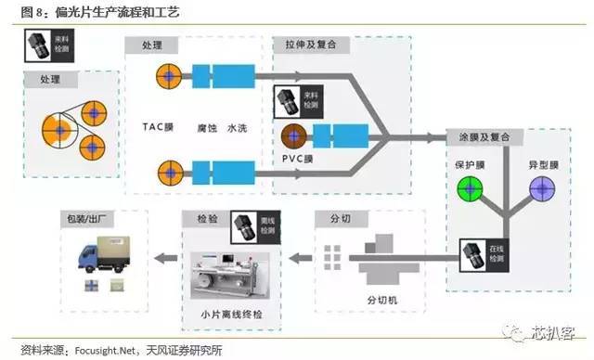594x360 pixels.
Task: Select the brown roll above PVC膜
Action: (x=295, y=135)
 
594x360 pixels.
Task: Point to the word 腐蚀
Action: (x=207, y=126)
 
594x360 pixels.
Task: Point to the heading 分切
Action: (x=329, y=220)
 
